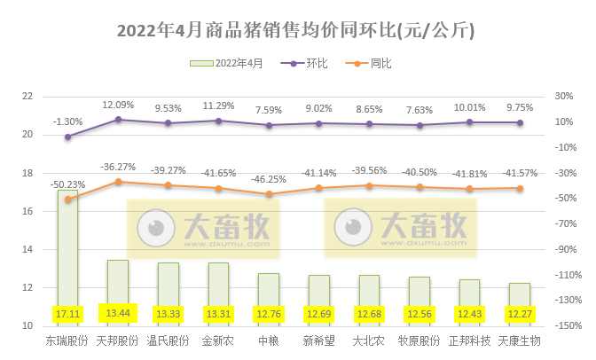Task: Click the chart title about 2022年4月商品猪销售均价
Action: tap(297, 31)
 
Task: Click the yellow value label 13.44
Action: tap(118, 313)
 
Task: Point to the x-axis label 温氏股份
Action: tap(169, 340)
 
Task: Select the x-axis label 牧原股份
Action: tap(420, 340)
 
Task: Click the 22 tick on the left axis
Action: tap(27, 97)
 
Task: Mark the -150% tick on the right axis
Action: tap(569, 326)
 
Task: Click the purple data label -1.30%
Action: tap(68, 121)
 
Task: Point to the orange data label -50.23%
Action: tap(68, 184)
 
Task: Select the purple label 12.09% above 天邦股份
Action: tap(118, 104)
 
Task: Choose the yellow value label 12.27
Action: tap(520, 313)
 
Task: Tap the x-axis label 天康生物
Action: tap(520, 340)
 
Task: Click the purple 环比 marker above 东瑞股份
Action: tap(68, 137)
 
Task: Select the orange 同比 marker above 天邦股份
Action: tap(118, 182)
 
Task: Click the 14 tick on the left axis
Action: tap(27, 250)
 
